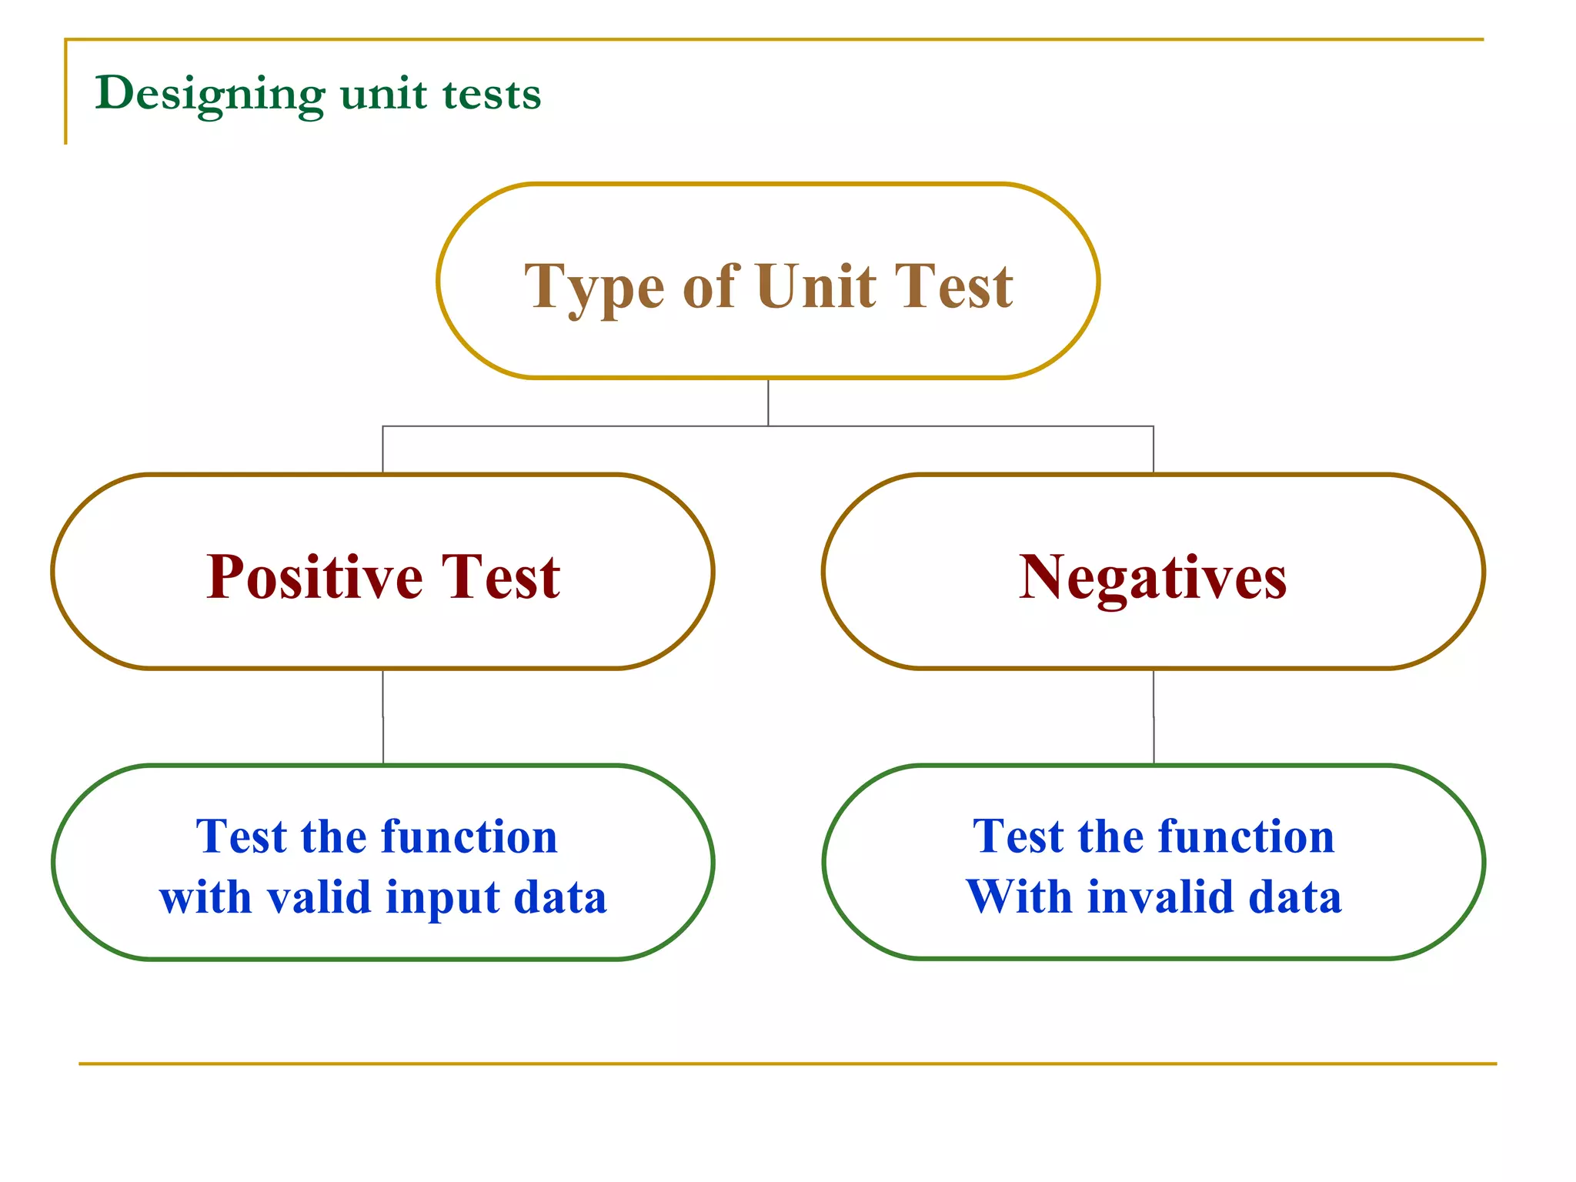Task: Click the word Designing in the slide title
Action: [209, 95]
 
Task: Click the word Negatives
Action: [1152, 577]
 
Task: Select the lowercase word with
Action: [205, 897]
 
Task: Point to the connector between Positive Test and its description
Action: [383, 716]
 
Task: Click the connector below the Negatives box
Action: [1154, 716]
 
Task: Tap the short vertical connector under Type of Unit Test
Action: [768, 402]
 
